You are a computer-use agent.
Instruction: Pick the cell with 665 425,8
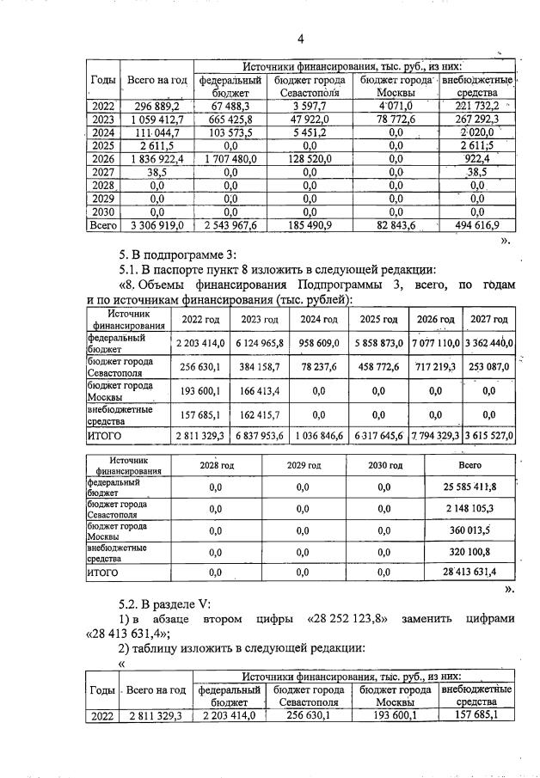229,119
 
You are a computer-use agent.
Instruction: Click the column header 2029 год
302,465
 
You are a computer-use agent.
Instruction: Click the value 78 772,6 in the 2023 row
395,119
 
